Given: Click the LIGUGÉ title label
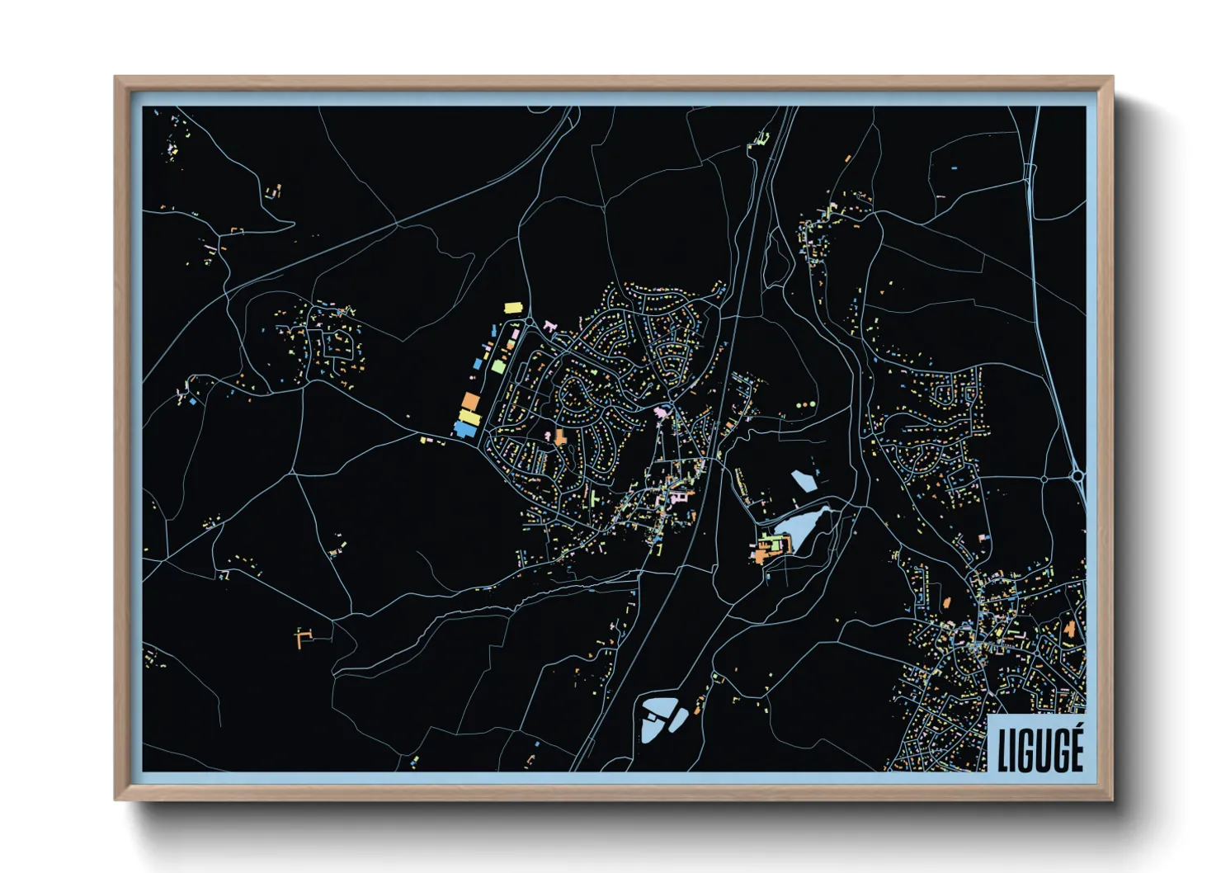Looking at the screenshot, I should tap(1039, 749).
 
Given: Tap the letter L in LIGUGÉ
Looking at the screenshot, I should tap(1002, 750).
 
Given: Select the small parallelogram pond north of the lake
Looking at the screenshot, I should tap(803, 480).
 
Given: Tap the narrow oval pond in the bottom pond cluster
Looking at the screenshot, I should tap(677, 720).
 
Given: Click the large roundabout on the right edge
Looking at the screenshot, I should tap(1078, 475).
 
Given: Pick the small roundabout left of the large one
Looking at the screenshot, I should tap(1044, 479).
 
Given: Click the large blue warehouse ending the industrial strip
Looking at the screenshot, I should tap(465, 429).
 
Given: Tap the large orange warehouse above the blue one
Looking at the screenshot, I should tap(470, 402).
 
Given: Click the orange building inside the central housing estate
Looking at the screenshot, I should tap(561, 436).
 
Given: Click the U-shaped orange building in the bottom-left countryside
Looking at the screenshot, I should tap(303, 636).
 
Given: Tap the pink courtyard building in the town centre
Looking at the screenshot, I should tap(678, 498).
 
